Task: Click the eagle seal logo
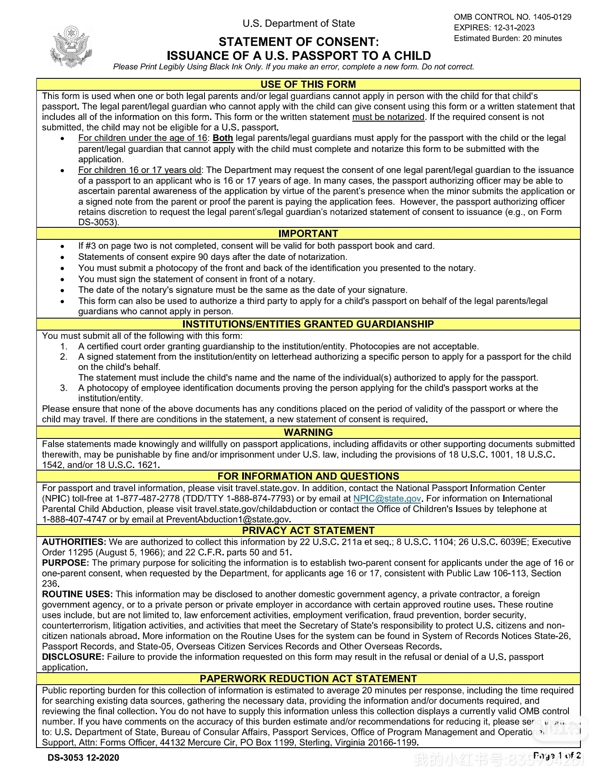71,47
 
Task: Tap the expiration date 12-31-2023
514,28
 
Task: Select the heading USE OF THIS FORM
308,84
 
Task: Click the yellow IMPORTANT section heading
308,234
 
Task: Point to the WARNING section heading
308,432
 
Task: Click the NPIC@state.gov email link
387,499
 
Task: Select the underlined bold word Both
223,138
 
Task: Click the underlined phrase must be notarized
388,117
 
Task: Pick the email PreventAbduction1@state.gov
228,520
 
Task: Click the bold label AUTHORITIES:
74,542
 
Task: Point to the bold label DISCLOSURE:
73,657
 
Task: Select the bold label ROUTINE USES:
77,594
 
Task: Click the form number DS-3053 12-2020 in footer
84,757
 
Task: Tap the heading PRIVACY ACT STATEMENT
308,531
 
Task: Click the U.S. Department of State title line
299,24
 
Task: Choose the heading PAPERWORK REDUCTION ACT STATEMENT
308,679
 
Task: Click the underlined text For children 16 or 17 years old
140,170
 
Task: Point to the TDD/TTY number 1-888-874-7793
260,499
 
